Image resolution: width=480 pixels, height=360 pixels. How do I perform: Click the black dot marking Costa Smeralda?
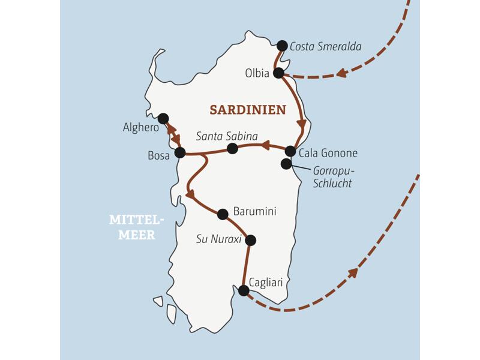[x=282, y=45]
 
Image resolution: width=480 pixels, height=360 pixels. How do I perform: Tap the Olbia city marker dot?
[x=278, y=73]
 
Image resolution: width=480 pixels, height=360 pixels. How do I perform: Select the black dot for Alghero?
[x=163, y=118]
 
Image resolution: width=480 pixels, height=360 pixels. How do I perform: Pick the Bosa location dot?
[x=179, y=153]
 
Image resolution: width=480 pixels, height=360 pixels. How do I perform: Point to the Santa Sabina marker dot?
[x=232, y=148]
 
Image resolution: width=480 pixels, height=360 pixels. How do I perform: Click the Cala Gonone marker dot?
[x=290, y=151]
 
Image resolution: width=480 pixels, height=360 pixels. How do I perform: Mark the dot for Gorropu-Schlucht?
[x=286, y=164]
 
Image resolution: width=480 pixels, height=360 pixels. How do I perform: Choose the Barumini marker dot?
[x=223, y=214]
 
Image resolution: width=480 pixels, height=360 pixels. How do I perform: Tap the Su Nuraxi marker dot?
[x=250, y=240]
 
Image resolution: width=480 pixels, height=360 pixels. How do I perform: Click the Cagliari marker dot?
[x=244, y=290]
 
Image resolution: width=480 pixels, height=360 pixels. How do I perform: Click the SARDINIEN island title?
[x=247, y=110]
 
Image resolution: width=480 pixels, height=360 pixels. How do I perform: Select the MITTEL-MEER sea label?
[x=131, y=227]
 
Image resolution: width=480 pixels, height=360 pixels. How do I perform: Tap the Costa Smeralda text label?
[x=325, y=46]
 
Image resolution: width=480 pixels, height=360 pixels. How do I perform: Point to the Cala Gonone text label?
[x=328, y=153]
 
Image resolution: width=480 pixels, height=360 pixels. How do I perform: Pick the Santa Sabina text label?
[x=227, y=136]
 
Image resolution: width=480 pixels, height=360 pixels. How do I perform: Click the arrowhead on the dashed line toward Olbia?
[x=341, y=73]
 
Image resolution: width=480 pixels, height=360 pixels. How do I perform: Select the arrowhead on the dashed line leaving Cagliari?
[x=353, y=273]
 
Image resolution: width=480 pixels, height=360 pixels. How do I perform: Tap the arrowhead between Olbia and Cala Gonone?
[x=302, y=125]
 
